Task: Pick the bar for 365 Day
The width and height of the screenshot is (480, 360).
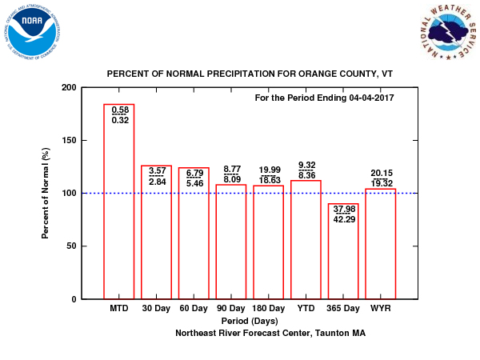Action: tap(343, 256)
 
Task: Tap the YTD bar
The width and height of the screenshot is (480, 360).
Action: tap(306, 240)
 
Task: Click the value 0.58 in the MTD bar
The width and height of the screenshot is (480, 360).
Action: tap(120, 110)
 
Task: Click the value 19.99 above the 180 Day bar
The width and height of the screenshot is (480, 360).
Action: tap(268, 170)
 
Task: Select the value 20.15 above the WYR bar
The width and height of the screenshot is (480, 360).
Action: tap(381, 174)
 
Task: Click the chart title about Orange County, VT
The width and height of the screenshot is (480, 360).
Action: tap(250, 74)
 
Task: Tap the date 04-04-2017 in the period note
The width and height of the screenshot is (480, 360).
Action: tap(371, 98)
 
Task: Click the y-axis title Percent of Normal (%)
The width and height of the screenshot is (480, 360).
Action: tap(46, 193)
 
